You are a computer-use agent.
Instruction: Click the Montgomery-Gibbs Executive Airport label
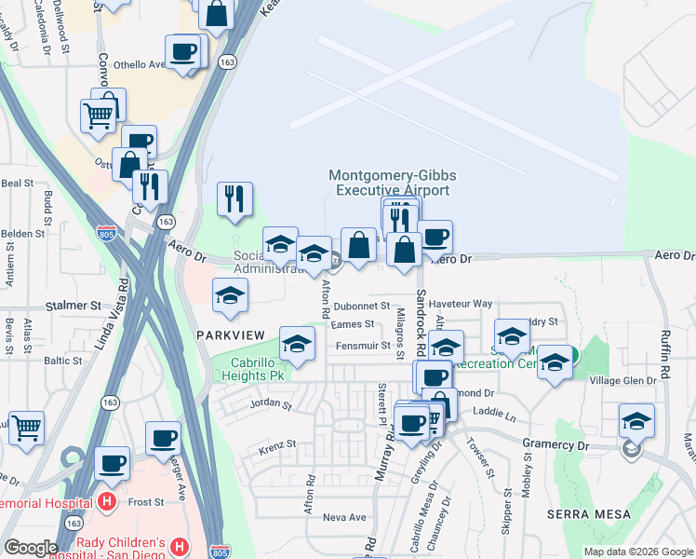tap(388, 183)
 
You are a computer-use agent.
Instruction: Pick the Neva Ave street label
tap(344, 517)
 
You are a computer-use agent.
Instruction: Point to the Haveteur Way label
tap(466, 304)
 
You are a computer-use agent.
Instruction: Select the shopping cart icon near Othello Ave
tap(98, 116)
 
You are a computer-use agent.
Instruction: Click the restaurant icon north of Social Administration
tap(234, 198)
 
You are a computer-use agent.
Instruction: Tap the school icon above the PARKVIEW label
tap(230, 296)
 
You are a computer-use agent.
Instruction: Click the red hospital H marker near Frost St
tap(106, 502)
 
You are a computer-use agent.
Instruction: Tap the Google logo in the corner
tap(31, 548)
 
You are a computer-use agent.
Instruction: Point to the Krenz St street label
tap(277, 444)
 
